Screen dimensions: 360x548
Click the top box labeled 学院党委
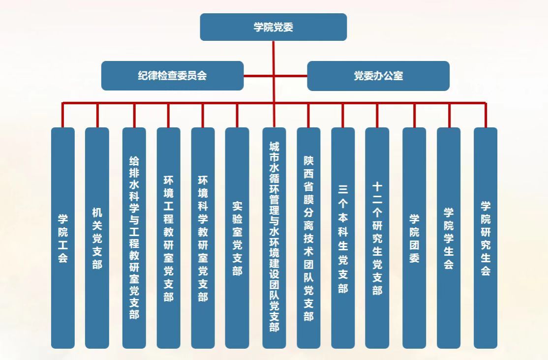click(x=273, y=27)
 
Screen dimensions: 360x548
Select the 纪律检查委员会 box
click(x=172, y=76)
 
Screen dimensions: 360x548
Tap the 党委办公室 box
click(x=378, y=76)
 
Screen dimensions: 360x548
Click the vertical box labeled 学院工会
click(x=63, y=238)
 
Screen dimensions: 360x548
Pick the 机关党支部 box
click(x=97, y=238)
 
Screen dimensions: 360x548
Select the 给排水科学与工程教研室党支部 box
click(x=134, y=238)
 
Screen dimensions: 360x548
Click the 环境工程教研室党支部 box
click(x=168, y=238)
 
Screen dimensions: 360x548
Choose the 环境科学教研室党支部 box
click(x=203, y=238)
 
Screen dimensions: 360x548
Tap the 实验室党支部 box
click(x=237, y=238)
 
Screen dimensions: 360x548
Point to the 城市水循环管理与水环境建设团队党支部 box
click(x=274, y=238)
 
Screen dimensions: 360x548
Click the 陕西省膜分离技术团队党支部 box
click(x=308, y=238)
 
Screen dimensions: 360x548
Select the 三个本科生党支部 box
click(x=343, y=238)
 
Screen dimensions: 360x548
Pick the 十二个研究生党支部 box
click(x=377, y=238)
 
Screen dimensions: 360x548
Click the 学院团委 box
click(x=414, y=238)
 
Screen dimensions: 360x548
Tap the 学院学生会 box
click(x=449, y=238)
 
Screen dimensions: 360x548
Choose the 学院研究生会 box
click(x=486, y=238)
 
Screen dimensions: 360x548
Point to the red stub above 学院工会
click(x=63, y=116)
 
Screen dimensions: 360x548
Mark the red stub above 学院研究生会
click(x=486, y=116)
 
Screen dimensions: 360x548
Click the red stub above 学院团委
click(x=414, y=116)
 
